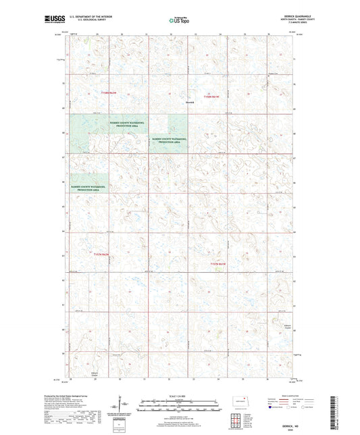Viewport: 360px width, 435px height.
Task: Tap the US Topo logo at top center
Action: point(180,21)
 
